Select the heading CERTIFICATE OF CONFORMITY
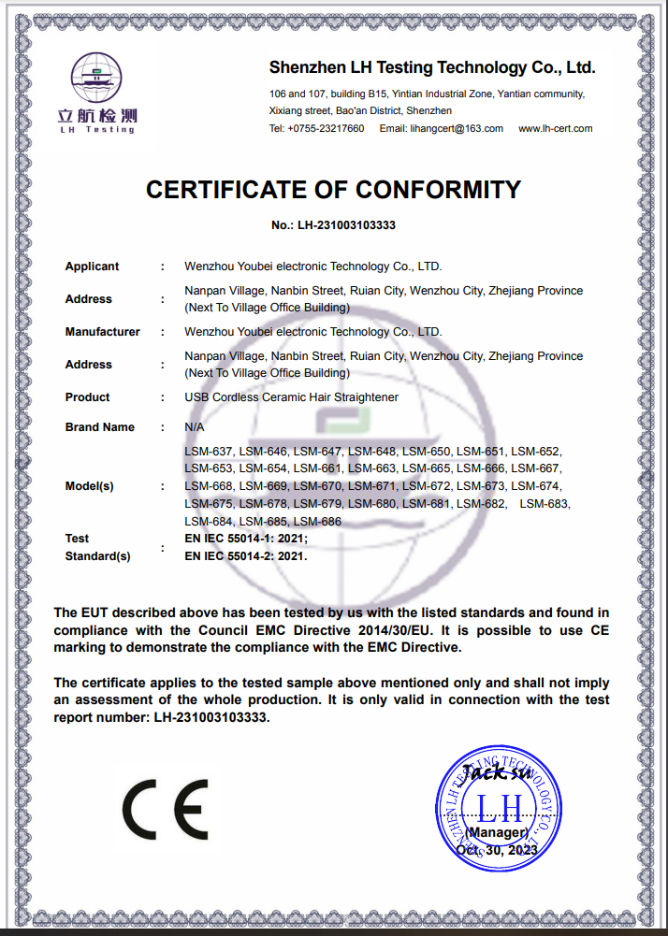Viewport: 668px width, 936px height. (x=333, y=190)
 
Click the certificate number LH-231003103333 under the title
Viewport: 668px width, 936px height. (x=347, y=225)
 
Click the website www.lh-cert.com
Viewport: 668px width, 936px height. (x=555, y=129)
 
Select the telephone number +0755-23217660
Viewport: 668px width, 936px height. (x=326, y=129)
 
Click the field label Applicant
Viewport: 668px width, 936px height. (x=92, y=266)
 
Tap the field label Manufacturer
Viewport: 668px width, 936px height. (x=102, y=332)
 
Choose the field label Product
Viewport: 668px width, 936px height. (x=87, y=397)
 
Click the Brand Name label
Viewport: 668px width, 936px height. (x=99, y=427)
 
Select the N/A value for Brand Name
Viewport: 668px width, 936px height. (x=195, y=427)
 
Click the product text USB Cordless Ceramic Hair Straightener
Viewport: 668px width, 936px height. (x=291, y=397)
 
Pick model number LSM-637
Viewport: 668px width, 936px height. (x=210, y=451)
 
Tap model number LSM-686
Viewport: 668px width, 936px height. (x=318, y=522)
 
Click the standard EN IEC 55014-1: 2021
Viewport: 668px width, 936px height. (x=245, y=539)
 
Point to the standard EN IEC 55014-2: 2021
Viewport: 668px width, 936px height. (x=245, y=555)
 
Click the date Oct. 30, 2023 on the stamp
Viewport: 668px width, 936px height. (x=497, y=851)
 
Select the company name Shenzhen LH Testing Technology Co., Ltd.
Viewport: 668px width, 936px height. (x=432, y=67)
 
